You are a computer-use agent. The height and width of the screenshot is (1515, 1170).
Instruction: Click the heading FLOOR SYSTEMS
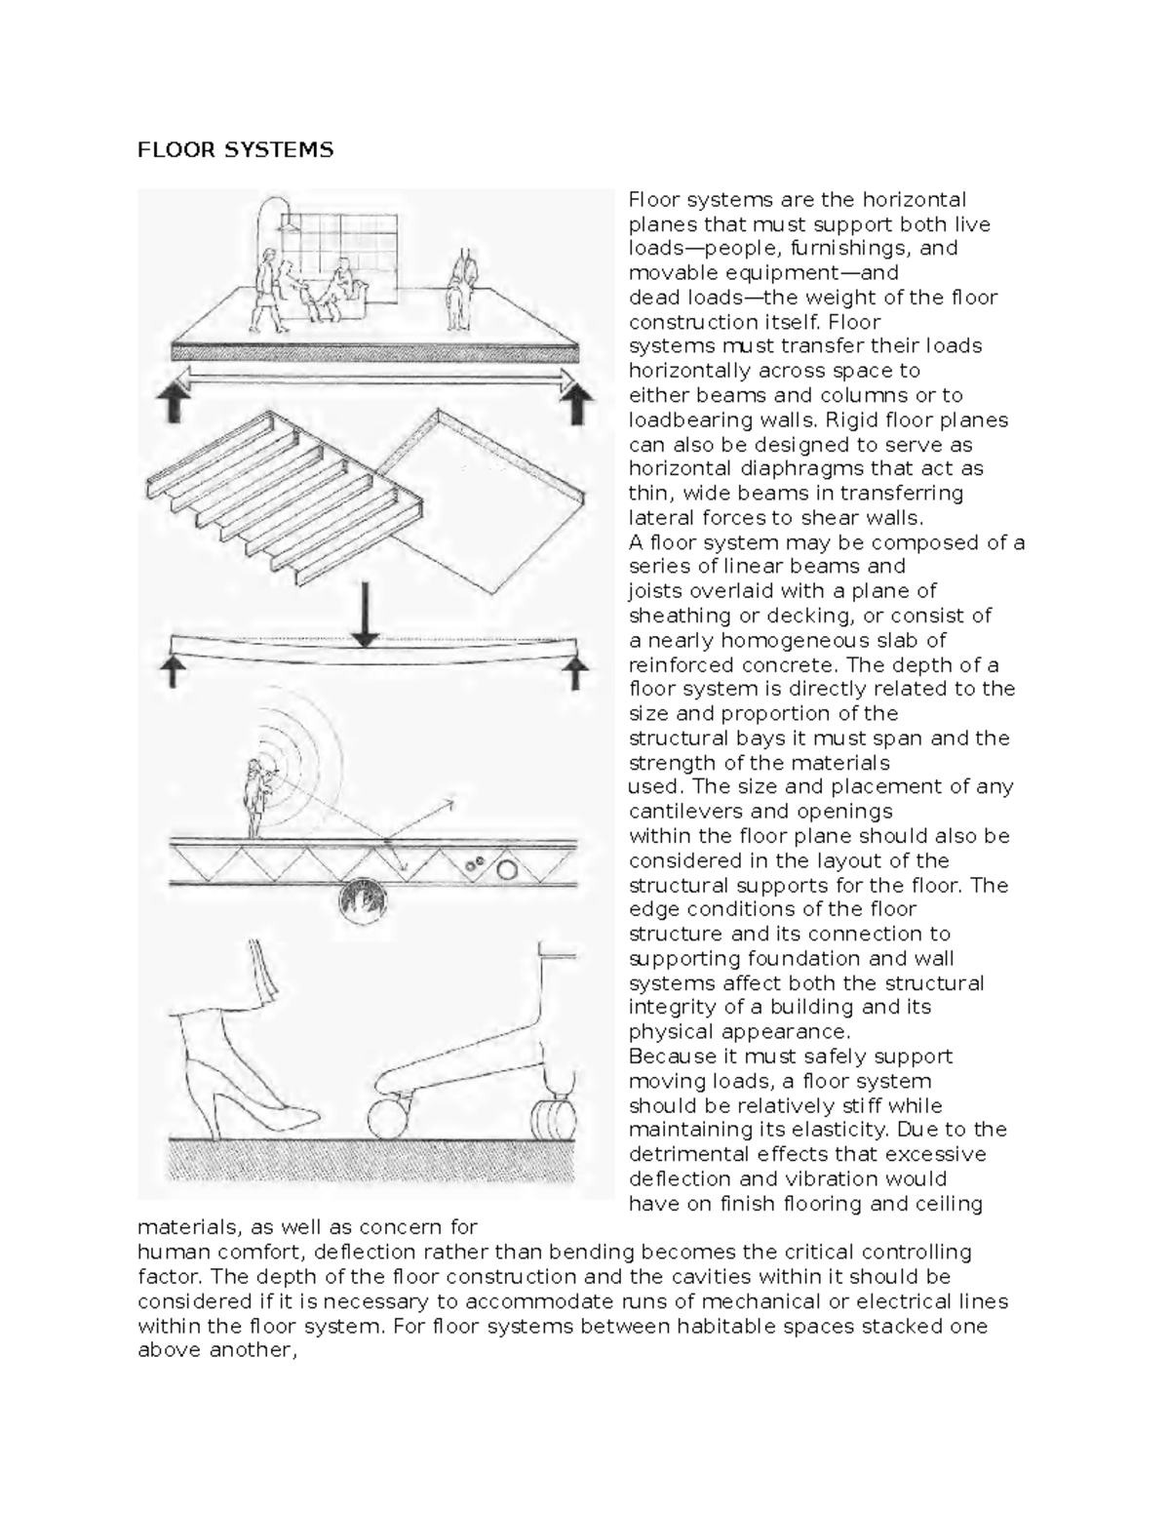(235, 149)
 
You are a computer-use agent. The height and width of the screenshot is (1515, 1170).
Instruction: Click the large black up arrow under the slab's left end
(176, 401)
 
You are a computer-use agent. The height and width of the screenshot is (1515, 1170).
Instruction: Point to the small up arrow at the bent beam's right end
(578, 671)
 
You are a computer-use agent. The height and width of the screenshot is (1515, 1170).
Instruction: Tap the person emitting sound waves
(257, 795)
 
